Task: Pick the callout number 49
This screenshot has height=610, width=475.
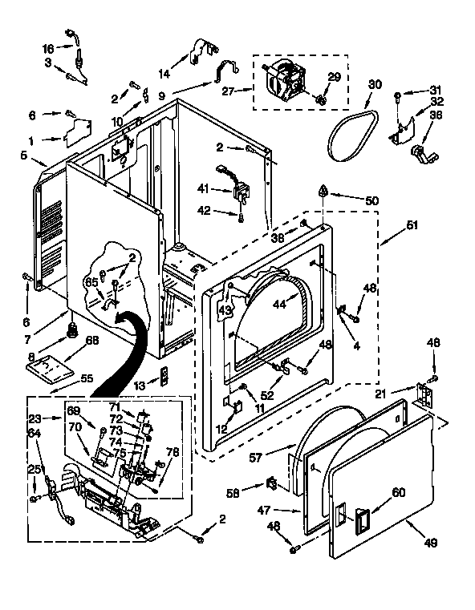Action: (x=431, y=543)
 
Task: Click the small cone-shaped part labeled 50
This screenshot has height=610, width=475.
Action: (x=323, y=192)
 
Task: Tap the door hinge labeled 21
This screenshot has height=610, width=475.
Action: (x=422, y=394)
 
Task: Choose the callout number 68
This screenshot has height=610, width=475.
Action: (x=92, y=341)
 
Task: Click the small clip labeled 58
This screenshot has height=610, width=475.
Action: (x=270, y=483)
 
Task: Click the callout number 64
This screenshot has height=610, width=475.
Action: (x=34, y=434)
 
